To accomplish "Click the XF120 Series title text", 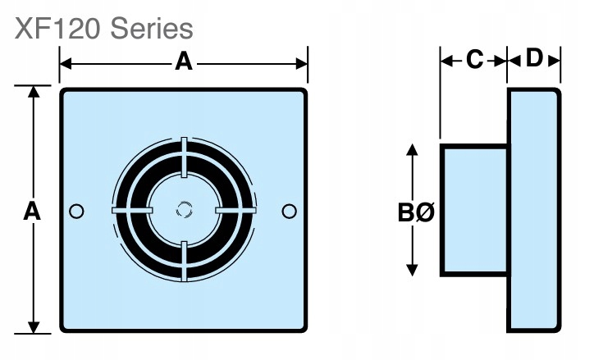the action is coord(104,30).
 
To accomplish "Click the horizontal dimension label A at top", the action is coord(184,62).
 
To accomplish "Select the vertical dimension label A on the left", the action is coord(32,212).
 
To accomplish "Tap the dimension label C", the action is coord(475,59).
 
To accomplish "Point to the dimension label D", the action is coord(535,58).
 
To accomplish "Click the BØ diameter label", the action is coord(416,212).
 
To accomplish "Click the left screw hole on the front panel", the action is coord(76,212).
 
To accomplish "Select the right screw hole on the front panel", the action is coord(290,212).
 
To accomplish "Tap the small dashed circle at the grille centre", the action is coord(184,210).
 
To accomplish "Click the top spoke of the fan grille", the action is coord(184,157).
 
